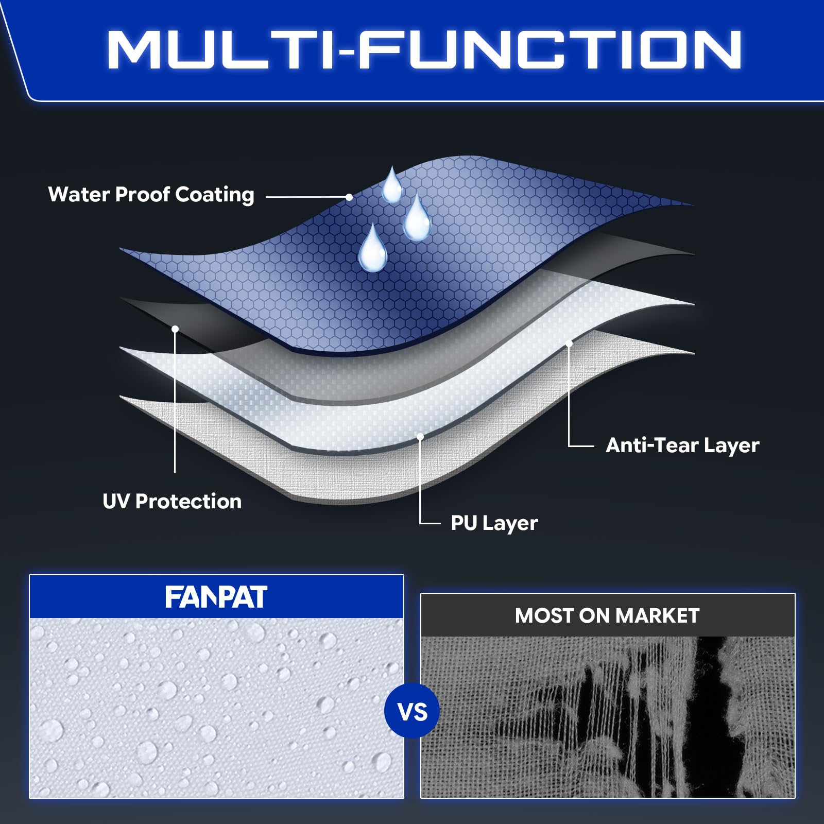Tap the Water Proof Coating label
(x=151, y=195)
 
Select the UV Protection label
(x=172, y=501)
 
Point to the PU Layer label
(x=494, y=523)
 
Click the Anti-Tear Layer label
(x=682, y=445)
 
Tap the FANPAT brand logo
(x=216, y=597)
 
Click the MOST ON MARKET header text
(x=607, y=615)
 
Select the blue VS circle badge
(x=412, y=711)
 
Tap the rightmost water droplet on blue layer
(x=416, y=218)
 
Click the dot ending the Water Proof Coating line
(x=349, y=197)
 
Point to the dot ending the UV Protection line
(x=175, y=329)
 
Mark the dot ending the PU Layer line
(x=420, y=437)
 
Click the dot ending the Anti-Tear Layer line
(x=569, y=344)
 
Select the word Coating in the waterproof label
(x=215, y=195)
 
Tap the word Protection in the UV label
(x=188, y=501)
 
